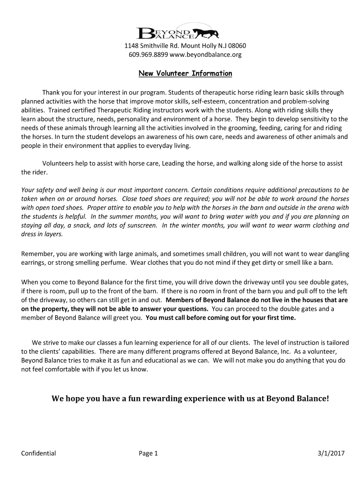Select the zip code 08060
click(x=237, y=46)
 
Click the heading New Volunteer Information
click(x=185, y=73)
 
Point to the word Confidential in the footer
click(x=39, y=453)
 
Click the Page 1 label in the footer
click(x=149, y=453)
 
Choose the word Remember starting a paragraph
click(x=38, y=254)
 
